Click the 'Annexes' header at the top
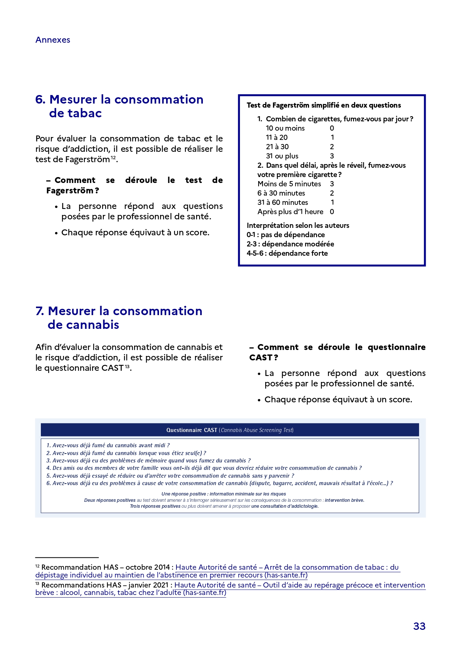[53, 40]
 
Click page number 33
[419, 626]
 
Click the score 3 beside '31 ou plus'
[332, 156]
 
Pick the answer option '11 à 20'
[277, 138]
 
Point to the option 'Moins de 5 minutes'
[289, 184]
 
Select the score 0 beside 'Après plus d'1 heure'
[332, 212]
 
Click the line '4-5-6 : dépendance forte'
[287, 253]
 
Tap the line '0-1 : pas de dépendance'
[286, 235]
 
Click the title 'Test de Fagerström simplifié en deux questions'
[324, 105]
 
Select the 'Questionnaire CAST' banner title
[192, 430]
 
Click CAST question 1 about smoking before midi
[108, 445]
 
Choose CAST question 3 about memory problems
[149, 461]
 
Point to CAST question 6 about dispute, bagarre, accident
[219, 483]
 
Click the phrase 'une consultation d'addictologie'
[285, 506]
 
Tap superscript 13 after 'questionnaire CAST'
[127, 367]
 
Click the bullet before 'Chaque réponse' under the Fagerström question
[56, 233]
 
